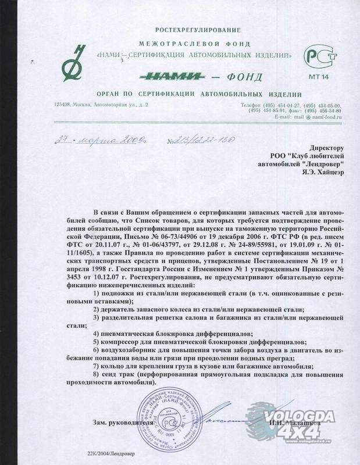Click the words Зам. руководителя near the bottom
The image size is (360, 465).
pyautogui.click(x=122, y=423)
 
